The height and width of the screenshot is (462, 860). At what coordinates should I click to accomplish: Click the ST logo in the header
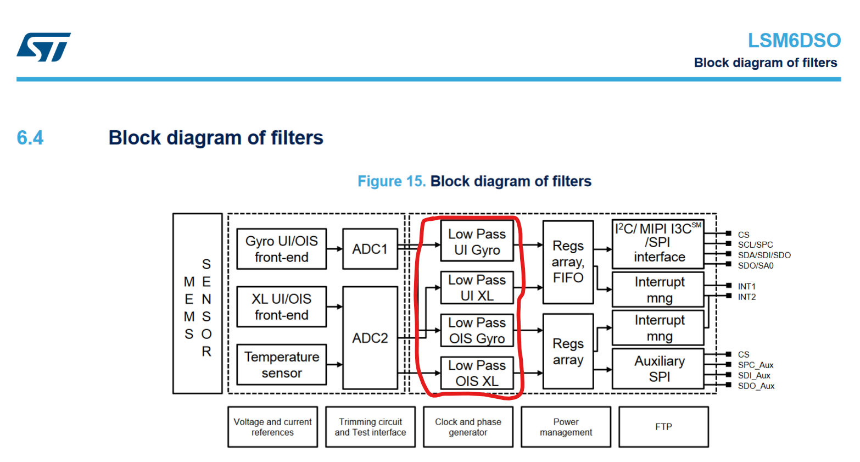[43, 47]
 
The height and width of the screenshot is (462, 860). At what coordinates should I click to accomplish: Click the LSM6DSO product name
[794, 41]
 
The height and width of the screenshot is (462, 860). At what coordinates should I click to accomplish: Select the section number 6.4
[30, 137]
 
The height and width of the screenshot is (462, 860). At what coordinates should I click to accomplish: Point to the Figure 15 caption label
[391, 181]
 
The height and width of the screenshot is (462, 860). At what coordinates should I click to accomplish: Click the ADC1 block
[370, 249]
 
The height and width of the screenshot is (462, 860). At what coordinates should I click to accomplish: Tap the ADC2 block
[370, 338]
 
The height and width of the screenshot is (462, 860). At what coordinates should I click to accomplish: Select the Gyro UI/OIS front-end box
[281, 249]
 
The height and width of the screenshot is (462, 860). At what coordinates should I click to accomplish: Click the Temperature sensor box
[281, 365]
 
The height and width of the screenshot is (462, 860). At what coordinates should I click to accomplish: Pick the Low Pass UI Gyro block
[477, 242]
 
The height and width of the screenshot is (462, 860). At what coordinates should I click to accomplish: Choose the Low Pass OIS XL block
[477, 373]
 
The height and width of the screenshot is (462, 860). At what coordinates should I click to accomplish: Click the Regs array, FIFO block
[568, 262]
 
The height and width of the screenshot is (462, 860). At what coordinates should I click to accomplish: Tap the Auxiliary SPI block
[658, 369]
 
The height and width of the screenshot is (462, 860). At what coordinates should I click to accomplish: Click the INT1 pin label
[746, 286]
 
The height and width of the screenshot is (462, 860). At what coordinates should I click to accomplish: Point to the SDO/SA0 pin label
[755, 266]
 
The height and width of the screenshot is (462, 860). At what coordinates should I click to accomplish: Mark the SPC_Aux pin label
[755, 365]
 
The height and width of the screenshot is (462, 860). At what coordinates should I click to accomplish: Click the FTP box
[663, 427]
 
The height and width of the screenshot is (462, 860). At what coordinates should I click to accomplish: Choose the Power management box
[566, 427]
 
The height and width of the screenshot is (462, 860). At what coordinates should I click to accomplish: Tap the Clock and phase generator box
[468, 427]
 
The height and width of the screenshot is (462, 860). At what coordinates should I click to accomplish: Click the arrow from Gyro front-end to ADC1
[334, 249]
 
